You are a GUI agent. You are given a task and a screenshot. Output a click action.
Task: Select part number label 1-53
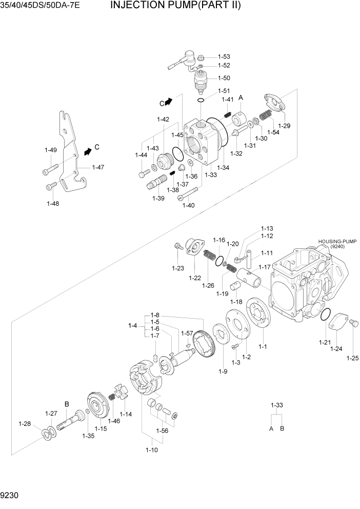pos(224,56)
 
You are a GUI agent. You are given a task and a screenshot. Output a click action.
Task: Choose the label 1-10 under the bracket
pos(152,450)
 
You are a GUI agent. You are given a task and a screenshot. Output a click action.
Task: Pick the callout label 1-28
pos(25,423)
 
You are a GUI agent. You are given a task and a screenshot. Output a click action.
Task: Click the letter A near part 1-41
pos(240,97)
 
